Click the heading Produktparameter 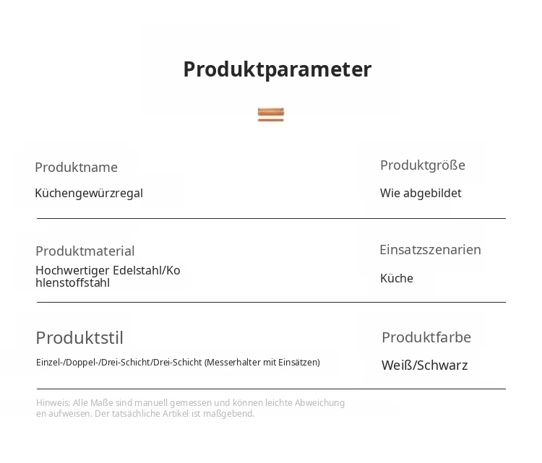click(278, 69)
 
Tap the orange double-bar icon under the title click(271, 115)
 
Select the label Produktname click(77, 168)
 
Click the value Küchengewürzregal click(89, 193)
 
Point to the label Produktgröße click(423, 165)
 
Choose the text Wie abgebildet click(421, 193)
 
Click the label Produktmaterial click(85, 251)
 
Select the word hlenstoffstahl click(72, 282)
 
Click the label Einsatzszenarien click(431, 250)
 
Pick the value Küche click(397, 278)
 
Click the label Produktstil click(79, 338)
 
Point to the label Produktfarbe click(426, 337)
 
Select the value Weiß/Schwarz click(425, 365)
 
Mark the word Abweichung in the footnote click(319, 403)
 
